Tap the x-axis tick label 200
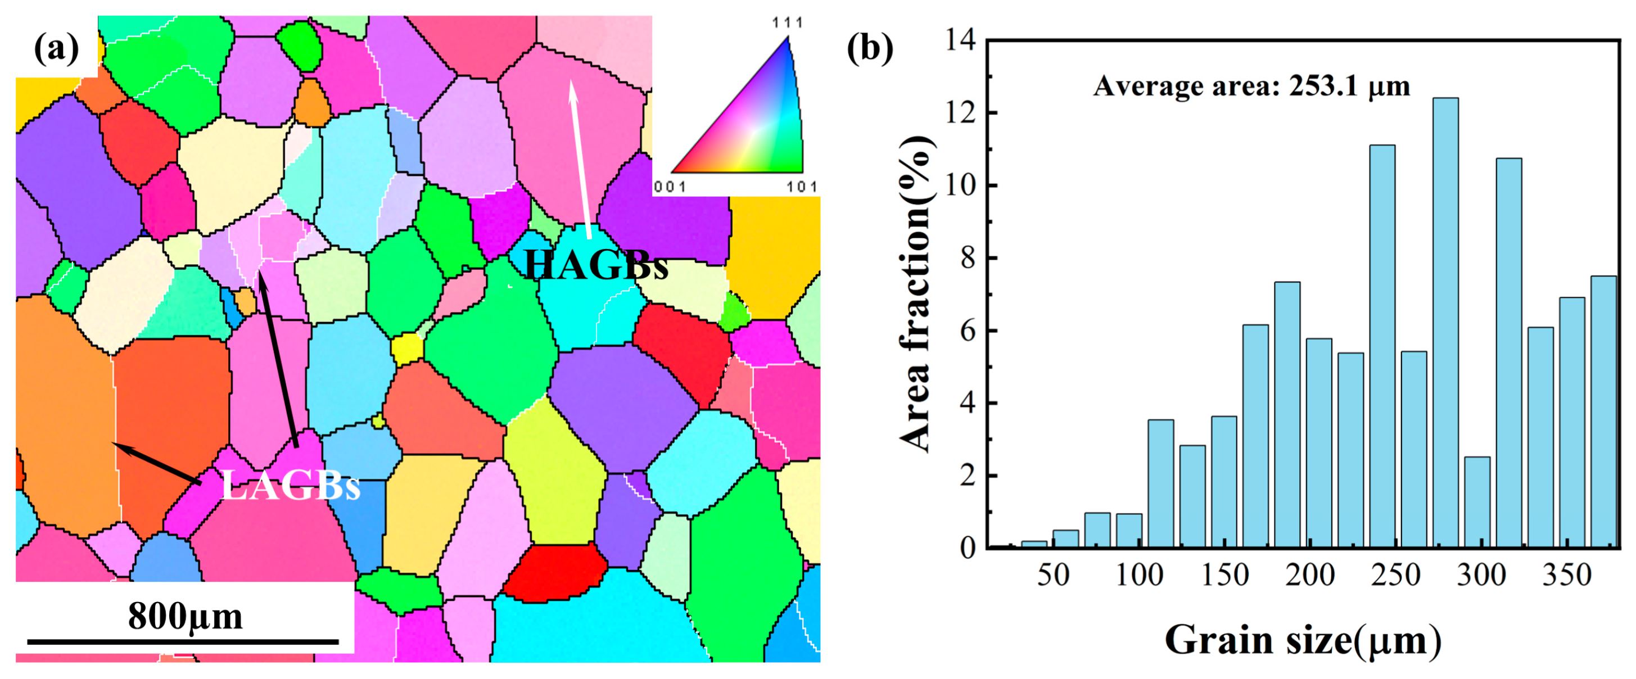pos(1309,576)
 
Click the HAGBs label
pos(596,265)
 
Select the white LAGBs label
pos(291,488)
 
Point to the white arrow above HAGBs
pos(581,159)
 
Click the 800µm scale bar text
pos(185,616)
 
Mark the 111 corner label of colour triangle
pos(788,23)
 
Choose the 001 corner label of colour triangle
pos(670,186)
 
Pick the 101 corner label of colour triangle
pos(802,186)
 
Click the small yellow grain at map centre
pos(406,348)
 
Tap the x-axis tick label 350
pos(1567,576)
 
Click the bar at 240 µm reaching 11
pos(1382,346)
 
